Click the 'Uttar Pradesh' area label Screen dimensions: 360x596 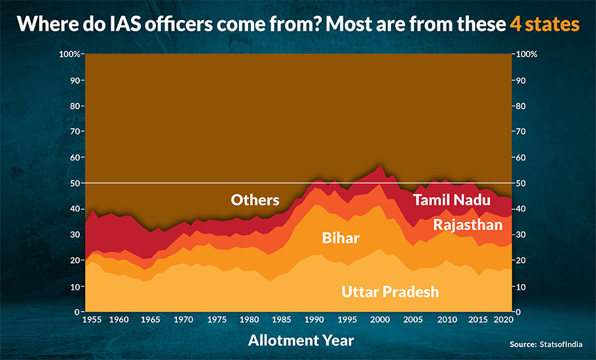390,292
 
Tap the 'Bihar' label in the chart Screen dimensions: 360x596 341,238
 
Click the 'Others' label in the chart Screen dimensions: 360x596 255,200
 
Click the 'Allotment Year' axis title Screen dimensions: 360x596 301,340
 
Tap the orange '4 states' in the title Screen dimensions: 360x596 544,24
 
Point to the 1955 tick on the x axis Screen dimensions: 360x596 92,319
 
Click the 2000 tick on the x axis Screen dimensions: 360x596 381,319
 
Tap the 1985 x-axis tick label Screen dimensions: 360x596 282,319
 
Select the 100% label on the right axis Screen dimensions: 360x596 527,54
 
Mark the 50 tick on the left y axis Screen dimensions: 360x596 74,183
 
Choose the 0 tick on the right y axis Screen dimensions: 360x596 518,312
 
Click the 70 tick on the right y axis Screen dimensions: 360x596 521,132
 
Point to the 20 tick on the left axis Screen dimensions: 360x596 74,261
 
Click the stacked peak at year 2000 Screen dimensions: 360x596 381,164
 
